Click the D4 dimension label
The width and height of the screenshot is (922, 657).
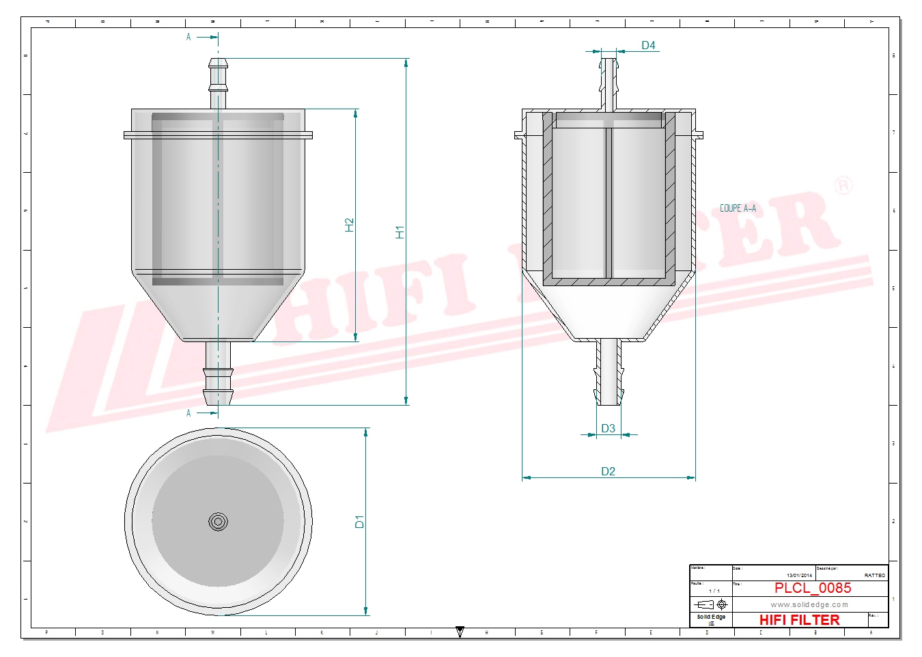(x=648, y=45)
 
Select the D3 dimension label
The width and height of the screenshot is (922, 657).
(x=608, y=428)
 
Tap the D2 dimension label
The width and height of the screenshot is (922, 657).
(x=608, y=471)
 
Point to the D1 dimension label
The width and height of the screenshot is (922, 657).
(x=359, y=522)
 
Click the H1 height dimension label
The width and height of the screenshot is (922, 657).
(x=400, y=232)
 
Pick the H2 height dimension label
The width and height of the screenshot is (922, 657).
(x=349, y=225)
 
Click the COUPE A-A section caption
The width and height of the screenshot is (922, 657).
(x=738, y=208)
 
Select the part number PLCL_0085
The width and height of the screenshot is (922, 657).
(x=813, y=588)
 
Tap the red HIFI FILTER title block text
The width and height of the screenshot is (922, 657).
(x=799, y=620)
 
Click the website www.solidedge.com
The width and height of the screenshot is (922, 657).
(x=809, y=604)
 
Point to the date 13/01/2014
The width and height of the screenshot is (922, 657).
(x=799, y=576)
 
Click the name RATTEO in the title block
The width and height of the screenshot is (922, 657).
(x=874, y=576)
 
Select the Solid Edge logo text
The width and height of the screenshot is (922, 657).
(x=711, y=617)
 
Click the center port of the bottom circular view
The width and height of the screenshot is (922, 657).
(x=218, y=522)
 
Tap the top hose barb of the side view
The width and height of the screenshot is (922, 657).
(x=218, y=75)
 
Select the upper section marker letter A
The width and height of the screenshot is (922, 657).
(x=188, y=37)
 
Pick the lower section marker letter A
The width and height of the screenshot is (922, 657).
(x=188, y=413)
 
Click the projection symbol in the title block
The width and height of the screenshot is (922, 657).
(x=710, y=604)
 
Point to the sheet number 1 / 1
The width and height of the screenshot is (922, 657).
(x=714, y=591)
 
